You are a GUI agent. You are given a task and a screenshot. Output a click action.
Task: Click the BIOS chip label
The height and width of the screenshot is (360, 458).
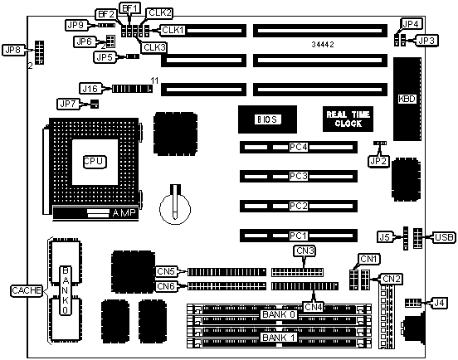(267, 119)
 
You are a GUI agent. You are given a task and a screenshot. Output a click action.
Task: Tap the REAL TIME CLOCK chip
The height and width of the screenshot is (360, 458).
(348, 119)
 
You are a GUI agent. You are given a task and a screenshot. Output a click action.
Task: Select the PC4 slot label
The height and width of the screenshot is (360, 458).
(299, 147)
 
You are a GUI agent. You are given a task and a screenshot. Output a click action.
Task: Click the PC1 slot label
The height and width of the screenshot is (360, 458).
(299, 236)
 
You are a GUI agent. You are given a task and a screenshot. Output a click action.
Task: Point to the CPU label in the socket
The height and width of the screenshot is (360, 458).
(94, 162)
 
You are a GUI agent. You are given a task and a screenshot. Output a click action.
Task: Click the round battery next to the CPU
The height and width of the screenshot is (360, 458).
(175, 208)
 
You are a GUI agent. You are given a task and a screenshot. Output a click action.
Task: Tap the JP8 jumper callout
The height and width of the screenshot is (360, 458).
(12, 50)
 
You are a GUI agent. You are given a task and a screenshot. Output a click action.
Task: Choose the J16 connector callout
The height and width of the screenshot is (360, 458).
(90, 88)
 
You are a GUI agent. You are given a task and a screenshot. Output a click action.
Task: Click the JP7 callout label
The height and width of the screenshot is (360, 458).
(68, 104)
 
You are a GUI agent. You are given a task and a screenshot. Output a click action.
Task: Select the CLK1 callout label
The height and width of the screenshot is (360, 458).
(173, 30)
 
